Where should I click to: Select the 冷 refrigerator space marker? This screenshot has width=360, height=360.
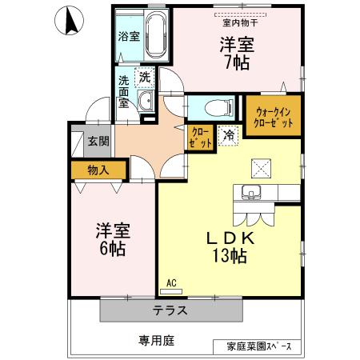(229, 137)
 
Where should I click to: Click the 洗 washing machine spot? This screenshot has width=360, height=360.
(146, 78)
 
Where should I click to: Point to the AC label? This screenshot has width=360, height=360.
(171, 283)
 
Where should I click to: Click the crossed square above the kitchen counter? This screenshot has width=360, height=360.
(262, 166)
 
